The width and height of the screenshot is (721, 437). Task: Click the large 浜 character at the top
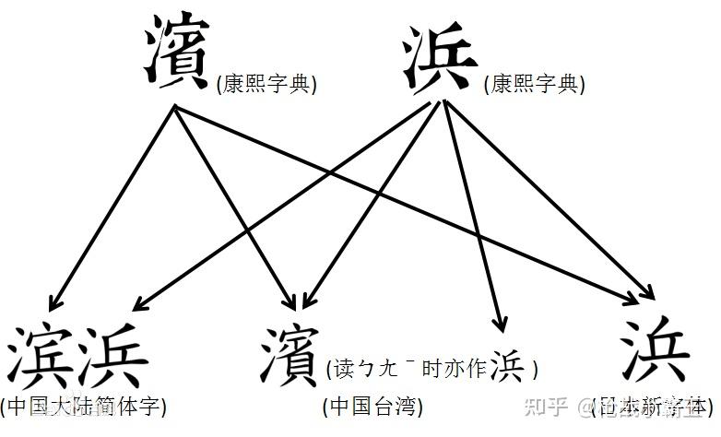pos(442,57)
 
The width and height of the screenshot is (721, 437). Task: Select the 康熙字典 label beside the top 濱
pos(266,85)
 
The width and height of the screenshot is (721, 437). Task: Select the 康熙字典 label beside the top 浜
pos(534,85)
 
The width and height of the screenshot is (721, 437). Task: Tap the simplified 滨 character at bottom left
pos(42,356)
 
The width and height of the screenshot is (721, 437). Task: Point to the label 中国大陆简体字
pos(84,406)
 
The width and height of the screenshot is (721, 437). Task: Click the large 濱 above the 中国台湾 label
pos(290,354)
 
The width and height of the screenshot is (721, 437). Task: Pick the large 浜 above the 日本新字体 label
pos(655,354)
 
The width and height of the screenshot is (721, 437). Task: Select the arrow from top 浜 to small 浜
pos(472,212)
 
